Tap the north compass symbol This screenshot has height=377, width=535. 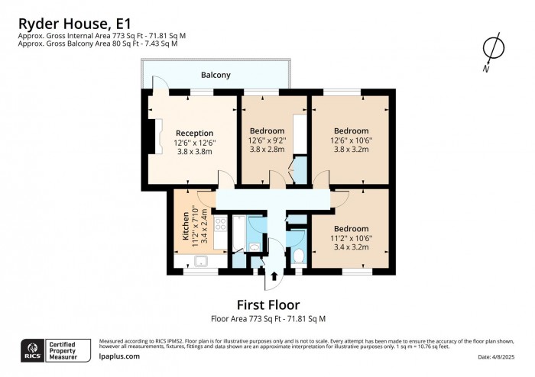point(493,50)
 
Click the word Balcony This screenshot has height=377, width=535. point(216,75)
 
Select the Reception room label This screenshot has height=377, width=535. point(193,133)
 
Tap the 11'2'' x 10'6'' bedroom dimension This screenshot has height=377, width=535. point(351,238)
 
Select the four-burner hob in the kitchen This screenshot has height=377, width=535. point(219,224)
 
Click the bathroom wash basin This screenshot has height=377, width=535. point(254,246)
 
